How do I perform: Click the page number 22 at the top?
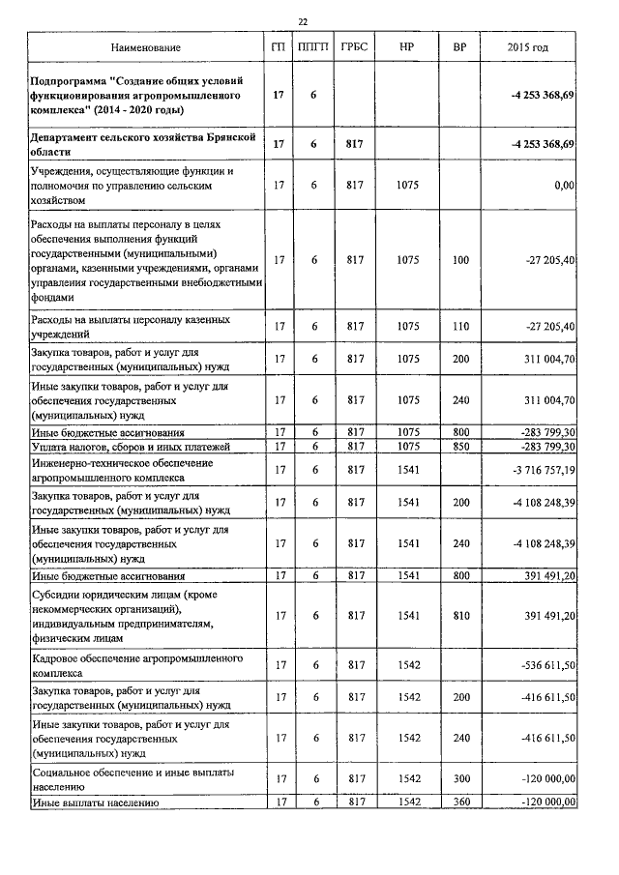(303, 21)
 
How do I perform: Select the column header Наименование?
(145, 47)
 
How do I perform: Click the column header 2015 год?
(528, 47)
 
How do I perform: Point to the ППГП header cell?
(313, 47)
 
